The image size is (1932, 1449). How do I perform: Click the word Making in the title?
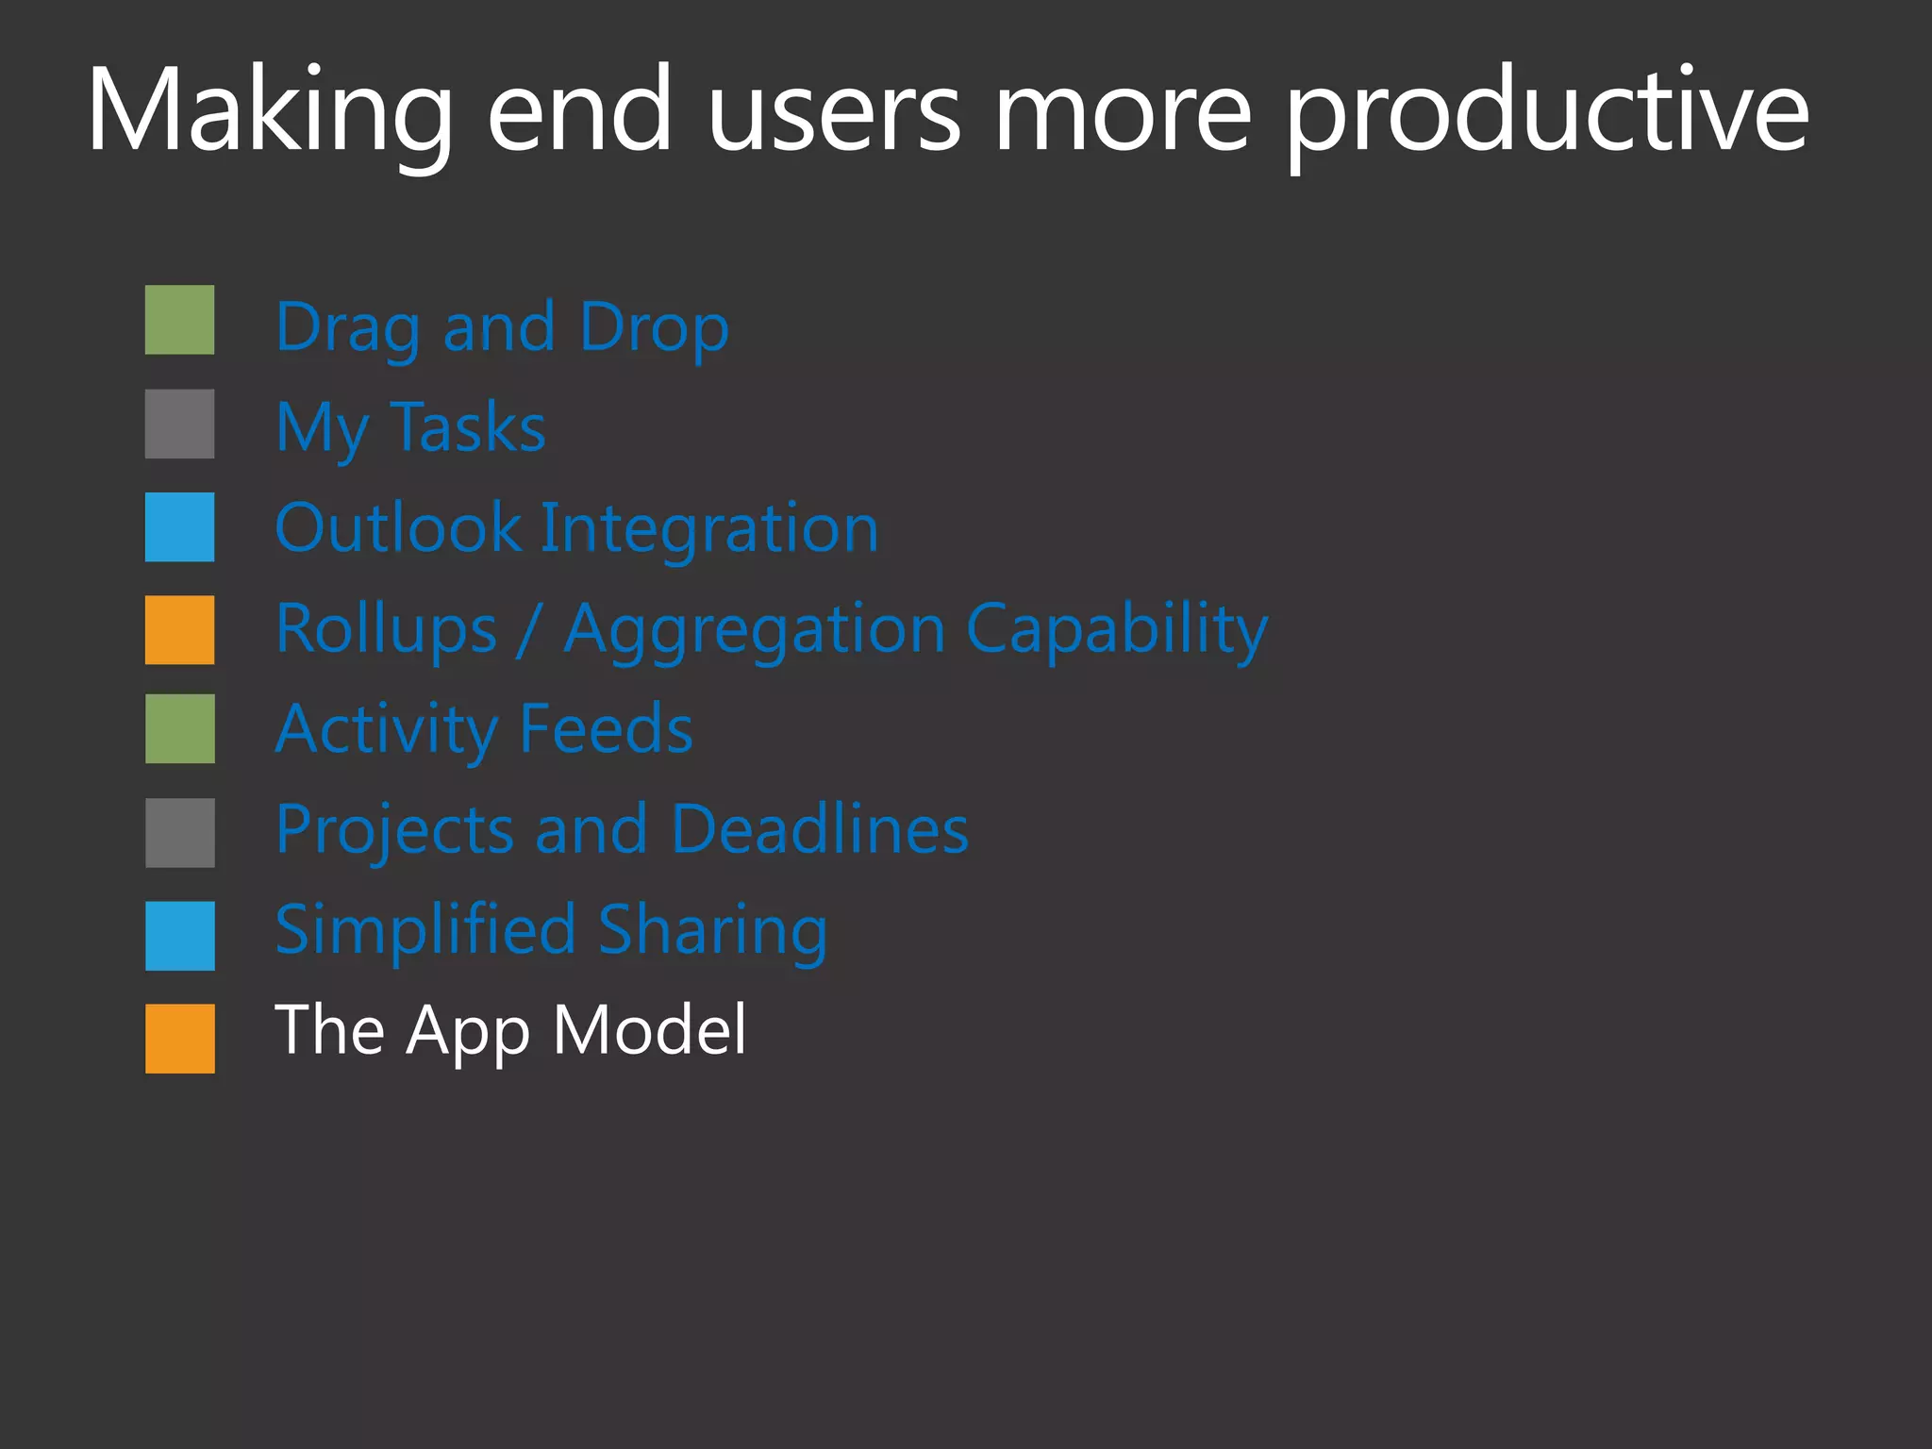pyautogui.click(x=269, y=111)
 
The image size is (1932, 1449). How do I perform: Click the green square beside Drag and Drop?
pyautogui.click(x=179, y=320)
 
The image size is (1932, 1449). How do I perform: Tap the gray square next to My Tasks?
pyautogui.click(x=179, y=424)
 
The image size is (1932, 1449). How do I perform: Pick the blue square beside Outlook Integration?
pyautogui.click(x=179, y=526)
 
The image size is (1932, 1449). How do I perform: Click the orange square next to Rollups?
pyautogui.click(x=179, y=629)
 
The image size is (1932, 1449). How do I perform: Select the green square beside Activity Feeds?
pyautogui.click(x=179, y=728)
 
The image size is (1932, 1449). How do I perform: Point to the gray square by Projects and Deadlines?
pyautogui.click(x=179, y=832)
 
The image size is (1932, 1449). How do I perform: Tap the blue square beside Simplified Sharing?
pyautogui.click(x=179, y=935)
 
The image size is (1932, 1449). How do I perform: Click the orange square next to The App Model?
pyautogui.click(x=179, y=1038)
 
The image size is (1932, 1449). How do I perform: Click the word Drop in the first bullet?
pyautogui.click(x=654, y=328)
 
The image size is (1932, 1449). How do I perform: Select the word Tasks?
pyautogui.click(x=467, y=427)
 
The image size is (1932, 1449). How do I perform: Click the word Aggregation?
pyautogui.click(x=754, y=630)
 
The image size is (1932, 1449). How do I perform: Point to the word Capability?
pyautogui.click(x=1117, y=630)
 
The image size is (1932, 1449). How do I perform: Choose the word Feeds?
pyautogui.click(x=606, y=729)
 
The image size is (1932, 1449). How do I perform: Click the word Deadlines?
pyautogui.click(x=820, y=830)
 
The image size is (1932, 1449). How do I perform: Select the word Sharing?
pyautogui.click(x=712, y=931)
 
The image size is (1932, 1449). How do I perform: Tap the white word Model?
pyautogui.click(x=649, y=1029)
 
